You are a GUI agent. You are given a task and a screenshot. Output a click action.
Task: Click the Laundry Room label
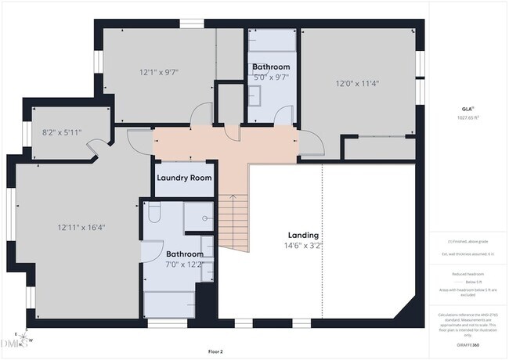184,178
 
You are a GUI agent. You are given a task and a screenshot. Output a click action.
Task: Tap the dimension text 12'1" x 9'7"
160,72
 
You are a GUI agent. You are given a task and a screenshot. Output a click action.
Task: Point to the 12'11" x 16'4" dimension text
81,228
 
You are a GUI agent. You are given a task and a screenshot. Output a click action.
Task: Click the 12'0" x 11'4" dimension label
359,83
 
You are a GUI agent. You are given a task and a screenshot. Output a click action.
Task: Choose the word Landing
303,235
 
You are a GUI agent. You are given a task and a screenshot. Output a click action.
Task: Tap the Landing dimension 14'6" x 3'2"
304,245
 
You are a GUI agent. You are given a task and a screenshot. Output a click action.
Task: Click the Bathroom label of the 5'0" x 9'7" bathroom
271,67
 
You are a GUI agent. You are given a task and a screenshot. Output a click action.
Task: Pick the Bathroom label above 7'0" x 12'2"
185,254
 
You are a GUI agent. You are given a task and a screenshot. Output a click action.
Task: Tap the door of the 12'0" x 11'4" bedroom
311,146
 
